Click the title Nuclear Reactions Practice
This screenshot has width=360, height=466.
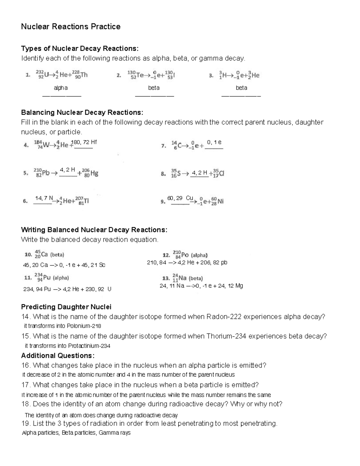(x=71, y=27)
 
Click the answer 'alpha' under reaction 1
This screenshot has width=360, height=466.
(x=61, y=88)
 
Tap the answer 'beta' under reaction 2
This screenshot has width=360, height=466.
(x=154, y=88)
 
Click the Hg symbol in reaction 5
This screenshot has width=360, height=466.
(x=94, y=173)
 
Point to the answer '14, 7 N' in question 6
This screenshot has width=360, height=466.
(x=44, y=198)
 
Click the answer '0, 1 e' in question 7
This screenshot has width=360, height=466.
(x=214, y=142)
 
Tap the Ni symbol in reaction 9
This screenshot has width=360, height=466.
(x=221, y=201)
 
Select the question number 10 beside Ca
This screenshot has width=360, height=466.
(x=28, y=255)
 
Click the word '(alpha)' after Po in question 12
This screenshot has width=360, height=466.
(x=199, y=255)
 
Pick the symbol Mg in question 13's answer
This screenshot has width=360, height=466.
(x=239, y=286)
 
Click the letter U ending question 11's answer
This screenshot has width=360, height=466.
(x=109, y=289)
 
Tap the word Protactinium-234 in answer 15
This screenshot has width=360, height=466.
(x=89, y=346)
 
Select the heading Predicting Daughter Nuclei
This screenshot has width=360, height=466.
(x=66, y=307)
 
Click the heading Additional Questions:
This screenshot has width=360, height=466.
(x=58, y=356)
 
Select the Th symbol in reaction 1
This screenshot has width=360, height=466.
(x=84, y=75)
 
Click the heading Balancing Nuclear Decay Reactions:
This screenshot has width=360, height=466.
(x=82, y=113)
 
